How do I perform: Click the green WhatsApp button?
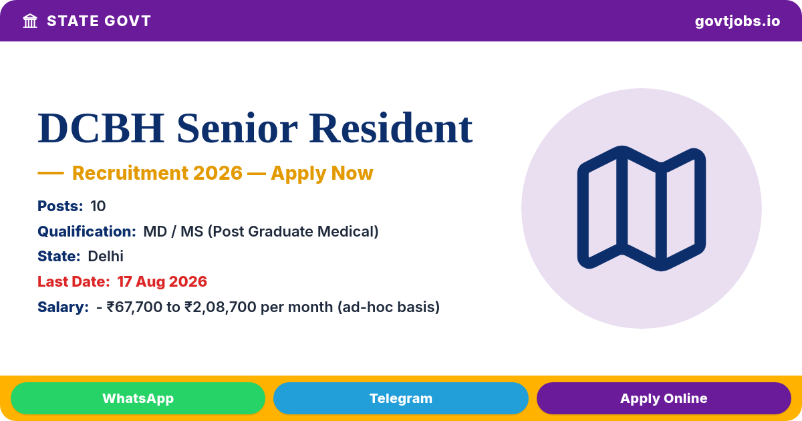pos(138,398)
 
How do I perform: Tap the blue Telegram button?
pos(400,398)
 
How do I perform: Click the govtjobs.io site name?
pos(737,21)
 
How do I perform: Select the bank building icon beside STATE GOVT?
pos(30,21)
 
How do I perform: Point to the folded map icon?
pos(642,208)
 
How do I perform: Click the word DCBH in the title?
pos(101,128)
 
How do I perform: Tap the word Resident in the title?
pos(390,128)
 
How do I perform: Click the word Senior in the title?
pos(237,128)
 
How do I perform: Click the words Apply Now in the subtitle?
pos(322,173)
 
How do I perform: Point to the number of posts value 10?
pos(98,206)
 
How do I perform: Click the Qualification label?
pos(87,232)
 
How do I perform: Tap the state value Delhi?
pos(106,257)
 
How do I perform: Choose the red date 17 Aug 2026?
pos(162,282)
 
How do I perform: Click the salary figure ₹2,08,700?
pos(220,307)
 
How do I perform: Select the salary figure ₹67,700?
pos(134,307)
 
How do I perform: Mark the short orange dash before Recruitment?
pos(51,173)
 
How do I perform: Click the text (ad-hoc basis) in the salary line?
pos(388,307)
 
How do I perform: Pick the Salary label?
pos(63,307)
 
